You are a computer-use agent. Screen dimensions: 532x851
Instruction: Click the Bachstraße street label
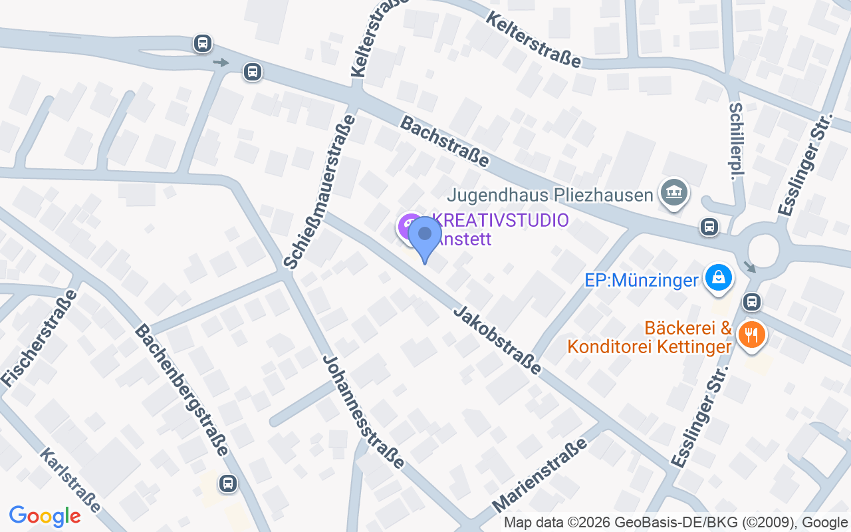(x=444, y=142)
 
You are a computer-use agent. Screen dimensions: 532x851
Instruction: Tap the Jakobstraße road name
(x=497, y=340)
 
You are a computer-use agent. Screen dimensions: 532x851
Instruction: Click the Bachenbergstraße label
(x=182, y=390)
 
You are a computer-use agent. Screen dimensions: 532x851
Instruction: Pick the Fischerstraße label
(x=39, y=338)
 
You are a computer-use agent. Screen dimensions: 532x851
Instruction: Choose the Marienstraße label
(x=540, y=475)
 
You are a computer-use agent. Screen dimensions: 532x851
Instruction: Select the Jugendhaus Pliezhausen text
(x=550, y=196)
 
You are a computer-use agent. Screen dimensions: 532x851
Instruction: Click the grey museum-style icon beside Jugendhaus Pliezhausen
(x=674, y=192)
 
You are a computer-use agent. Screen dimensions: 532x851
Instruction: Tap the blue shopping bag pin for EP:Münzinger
(x=718, y=278)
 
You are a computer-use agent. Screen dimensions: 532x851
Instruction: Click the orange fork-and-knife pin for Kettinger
(x=752, y=334)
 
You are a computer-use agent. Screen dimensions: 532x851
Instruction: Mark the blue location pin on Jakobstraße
(x=425, y=237)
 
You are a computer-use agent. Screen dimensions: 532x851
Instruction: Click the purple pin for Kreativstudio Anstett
(x=409, y=227)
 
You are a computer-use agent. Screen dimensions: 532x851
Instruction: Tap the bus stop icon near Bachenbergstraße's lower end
(x=228, y=483)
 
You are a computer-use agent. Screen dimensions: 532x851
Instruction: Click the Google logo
(x=45, y=516)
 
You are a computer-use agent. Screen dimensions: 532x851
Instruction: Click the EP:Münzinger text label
(x=642, y=281)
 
